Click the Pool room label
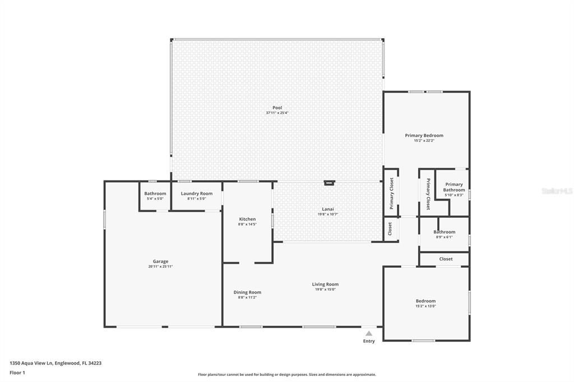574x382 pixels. tap(277, 108)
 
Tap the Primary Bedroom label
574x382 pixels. tap(424, 136)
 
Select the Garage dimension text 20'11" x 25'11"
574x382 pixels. tap(160, 267)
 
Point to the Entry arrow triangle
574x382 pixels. tap(369, 333)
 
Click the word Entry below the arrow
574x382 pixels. tap(369, 341)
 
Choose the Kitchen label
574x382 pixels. tap(247, 219)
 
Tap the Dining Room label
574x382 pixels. tap(247, 292)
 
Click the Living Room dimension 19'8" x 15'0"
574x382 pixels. tap(325, 290)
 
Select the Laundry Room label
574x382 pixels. tap(196, 194)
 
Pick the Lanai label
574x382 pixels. tap(328, 209)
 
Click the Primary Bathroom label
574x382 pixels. tap(454, 187)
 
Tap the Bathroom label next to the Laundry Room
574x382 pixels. tap(155, 194)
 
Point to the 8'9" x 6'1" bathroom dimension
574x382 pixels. tap(444, 237)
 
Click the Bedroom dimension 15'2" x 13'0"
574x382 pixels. tap(425, 306)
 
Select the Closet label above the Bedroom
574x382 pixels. tap(446, 259)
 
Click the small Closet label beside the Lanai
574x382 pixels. tap(390, 230)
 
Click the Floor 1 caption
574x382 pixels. tap(17, 372)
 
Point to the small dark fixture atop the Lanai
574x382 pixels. tap(329, 182)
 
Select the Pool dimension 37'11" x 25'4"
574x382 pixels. tap(277, 113)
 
